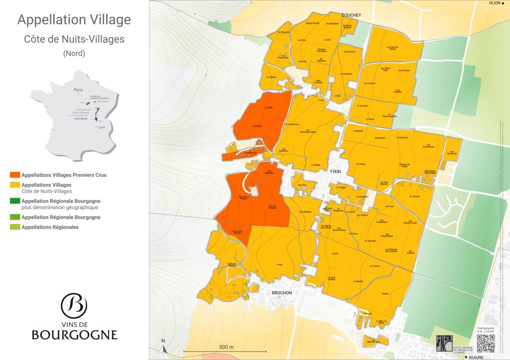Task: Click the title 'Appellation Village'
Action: pos(74,20)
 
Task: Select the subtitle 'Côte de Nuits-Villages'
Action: pos(74,39)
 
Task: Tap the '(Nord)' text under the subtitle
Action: pos(74,53)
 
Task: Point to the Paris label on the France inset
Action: pos(78,90)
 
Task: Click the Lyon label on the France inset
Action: pos(102,127)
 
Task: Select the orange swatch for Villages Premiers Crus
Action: pos(15,175)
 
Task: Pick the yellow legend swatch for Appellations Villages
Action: pos(15,185)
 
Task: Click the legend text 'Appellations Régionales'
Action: pos(50,227)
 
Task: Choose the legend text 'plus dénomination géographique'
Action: pos(60,207)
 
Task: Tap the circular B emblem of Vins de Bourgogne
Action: pos(74,304)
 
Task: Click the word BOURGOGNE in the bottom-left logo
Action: pos(74,334)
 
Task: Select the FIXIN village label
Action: pos(336,171)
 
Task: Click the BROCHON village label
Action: pos(281,293)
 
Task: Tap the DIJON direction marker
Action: pos(496,3)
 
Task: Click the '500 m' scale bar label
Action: pos(227,347)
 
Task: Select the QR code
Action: pos(486,344)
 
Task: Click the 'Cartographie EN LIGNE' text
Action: pos(486,330)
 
